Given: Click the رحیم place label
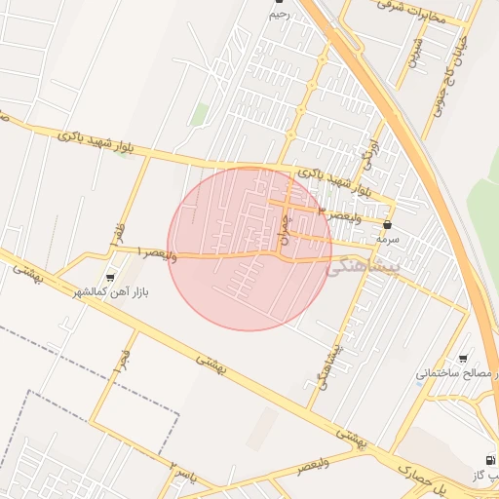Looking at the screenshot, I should coord(280,15).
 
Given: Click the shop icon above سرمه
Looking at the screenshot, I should coord(388,224).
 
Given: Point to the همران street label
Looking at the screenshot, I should coord(285,229).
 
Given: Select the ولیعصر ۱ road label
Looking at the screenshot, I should coord(156,252).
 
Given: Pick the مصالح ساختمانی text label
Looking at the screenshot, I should coord(457,373).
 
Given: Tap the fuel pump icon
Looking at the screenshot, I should coord(486,460).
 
